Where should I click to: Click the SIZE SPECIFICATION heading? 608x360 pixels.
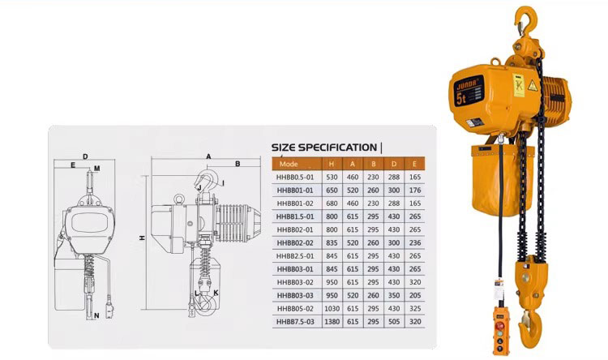[323, 148]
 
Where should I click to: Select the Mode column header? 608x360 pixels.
[289, 164]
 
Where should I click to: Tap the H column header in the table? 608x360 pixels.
[332, 164]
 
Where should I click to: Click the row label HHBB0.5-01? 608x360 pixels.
[295, 178]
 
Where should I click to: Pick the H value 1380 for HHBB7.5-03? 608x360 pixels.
[332, 322]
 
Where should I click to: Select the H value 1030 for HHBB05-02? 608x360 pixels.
[332, 308]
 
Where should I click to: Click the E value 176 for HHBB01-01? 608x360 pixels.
[415, 191]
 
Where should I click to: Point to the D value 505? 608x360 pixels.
[394, 322]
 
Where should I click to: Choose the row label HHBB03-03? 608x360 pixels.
[295, 296]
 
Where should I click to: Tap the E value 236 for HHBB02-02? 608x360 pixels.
[415, 243]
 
